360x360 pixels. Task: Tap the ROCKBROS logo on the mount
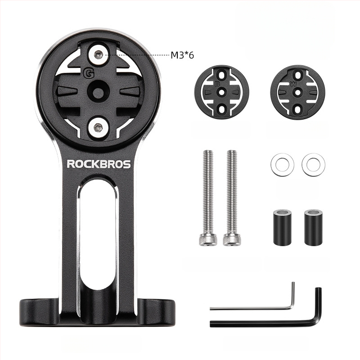click(99, 164)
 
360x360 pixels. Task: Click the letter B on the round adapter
click(217, 83)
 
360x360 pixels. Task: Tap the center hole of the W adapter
click(297, 91)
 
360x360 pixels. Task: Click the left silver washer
click(282, 164)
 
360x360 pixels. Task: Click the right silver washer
click(313, 164)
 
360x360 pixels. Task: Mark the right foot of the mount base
click(155, 310)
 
